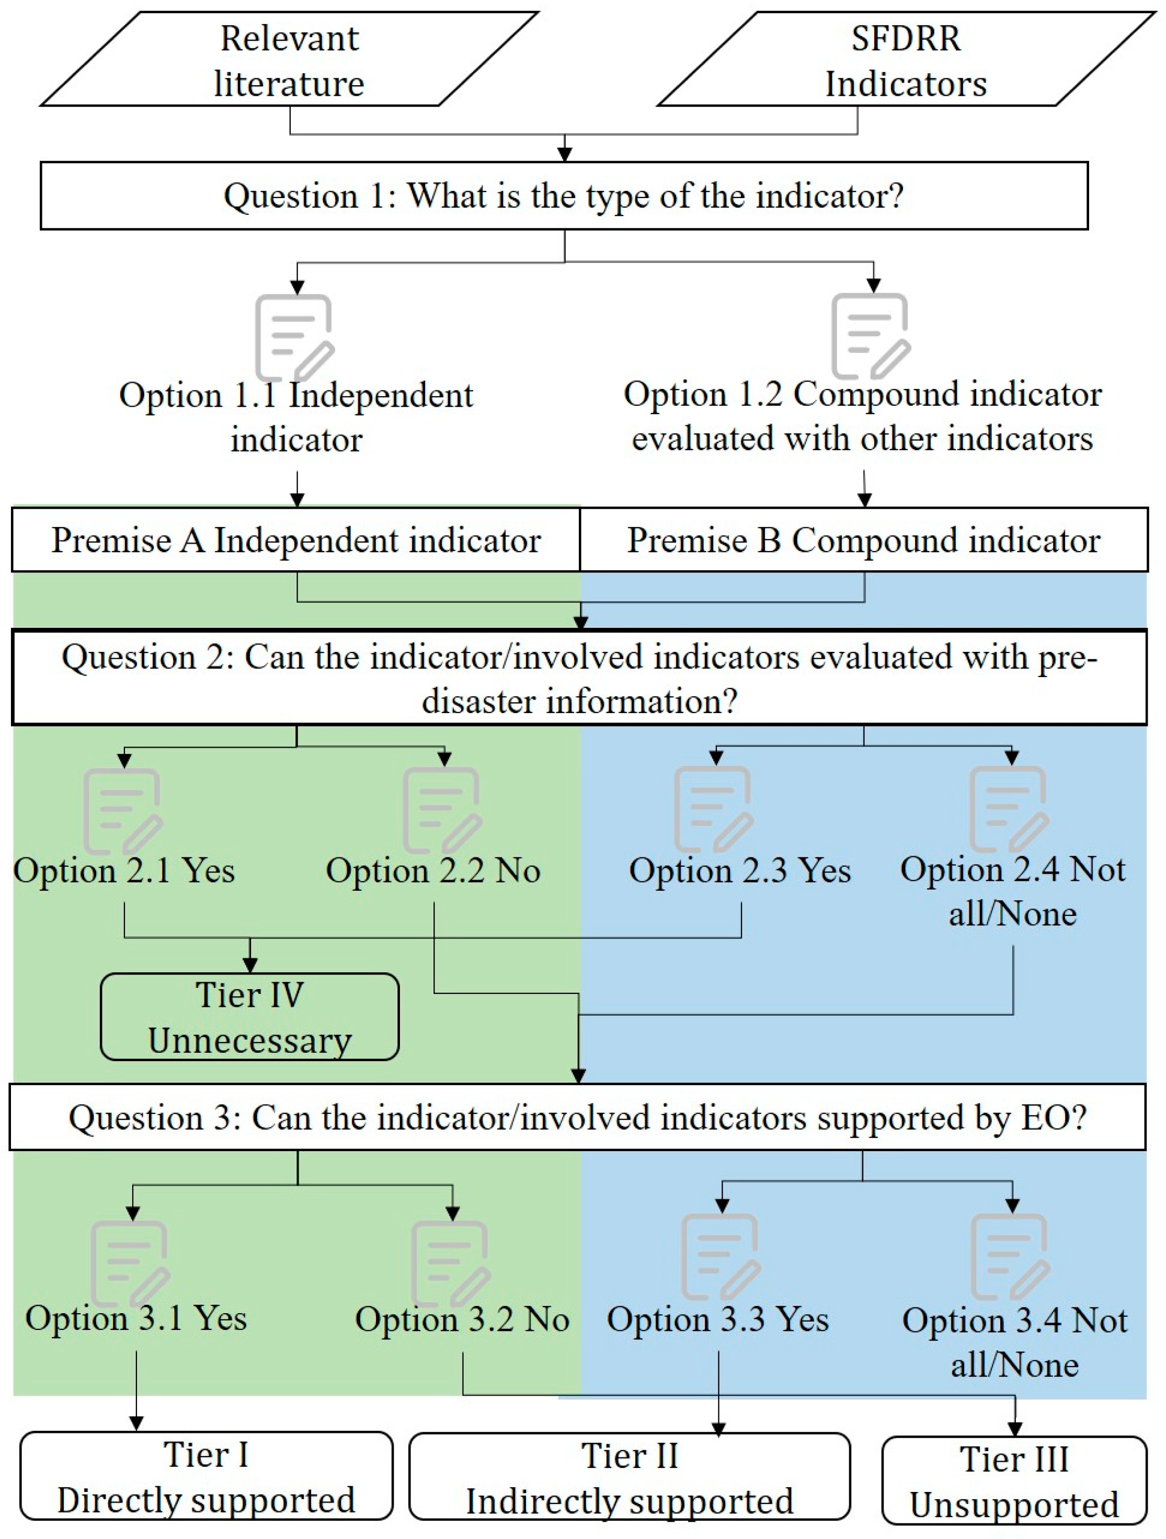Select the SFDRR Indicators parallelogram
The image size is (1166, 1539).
click(906, 60)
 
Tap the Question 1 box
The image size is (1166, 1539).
click(564, 196)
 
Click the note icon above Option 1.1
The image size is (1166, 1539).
click(295, 337)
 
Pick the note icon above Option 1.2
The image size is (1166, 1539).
click(871, 337)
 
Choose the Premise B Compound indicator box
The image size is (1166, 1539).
click(863, 541)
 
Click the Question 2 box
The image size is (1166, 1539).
click(579, 679)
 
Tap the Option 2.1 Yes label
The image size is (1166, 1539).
click(124, 871)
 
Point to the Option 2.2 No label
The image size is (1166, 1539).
click(433, 871)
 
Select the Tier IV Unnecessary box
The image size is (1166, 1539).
click(250, 1017)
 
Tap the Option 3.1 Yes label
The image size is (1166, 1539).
click(136, 1318)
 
